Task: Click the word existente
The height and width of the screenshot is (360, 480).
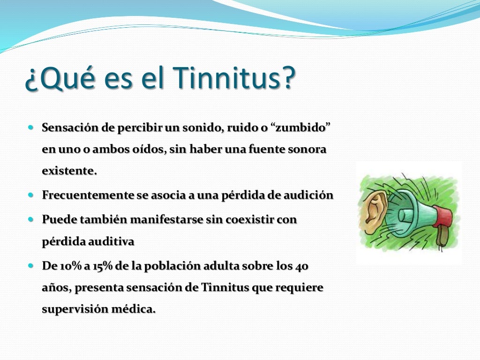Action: click(69, 171)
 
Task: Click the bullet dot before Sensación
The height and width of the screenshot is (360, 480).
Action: click(31, 127)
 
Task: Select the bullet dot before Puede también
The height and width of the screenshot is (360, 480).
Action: click(31, 219)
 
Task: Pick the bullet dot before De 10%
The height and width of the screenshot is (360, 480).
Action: click(31, 265)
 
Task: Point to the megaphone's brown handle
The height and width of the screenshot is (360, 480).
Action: click(441, 237)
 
